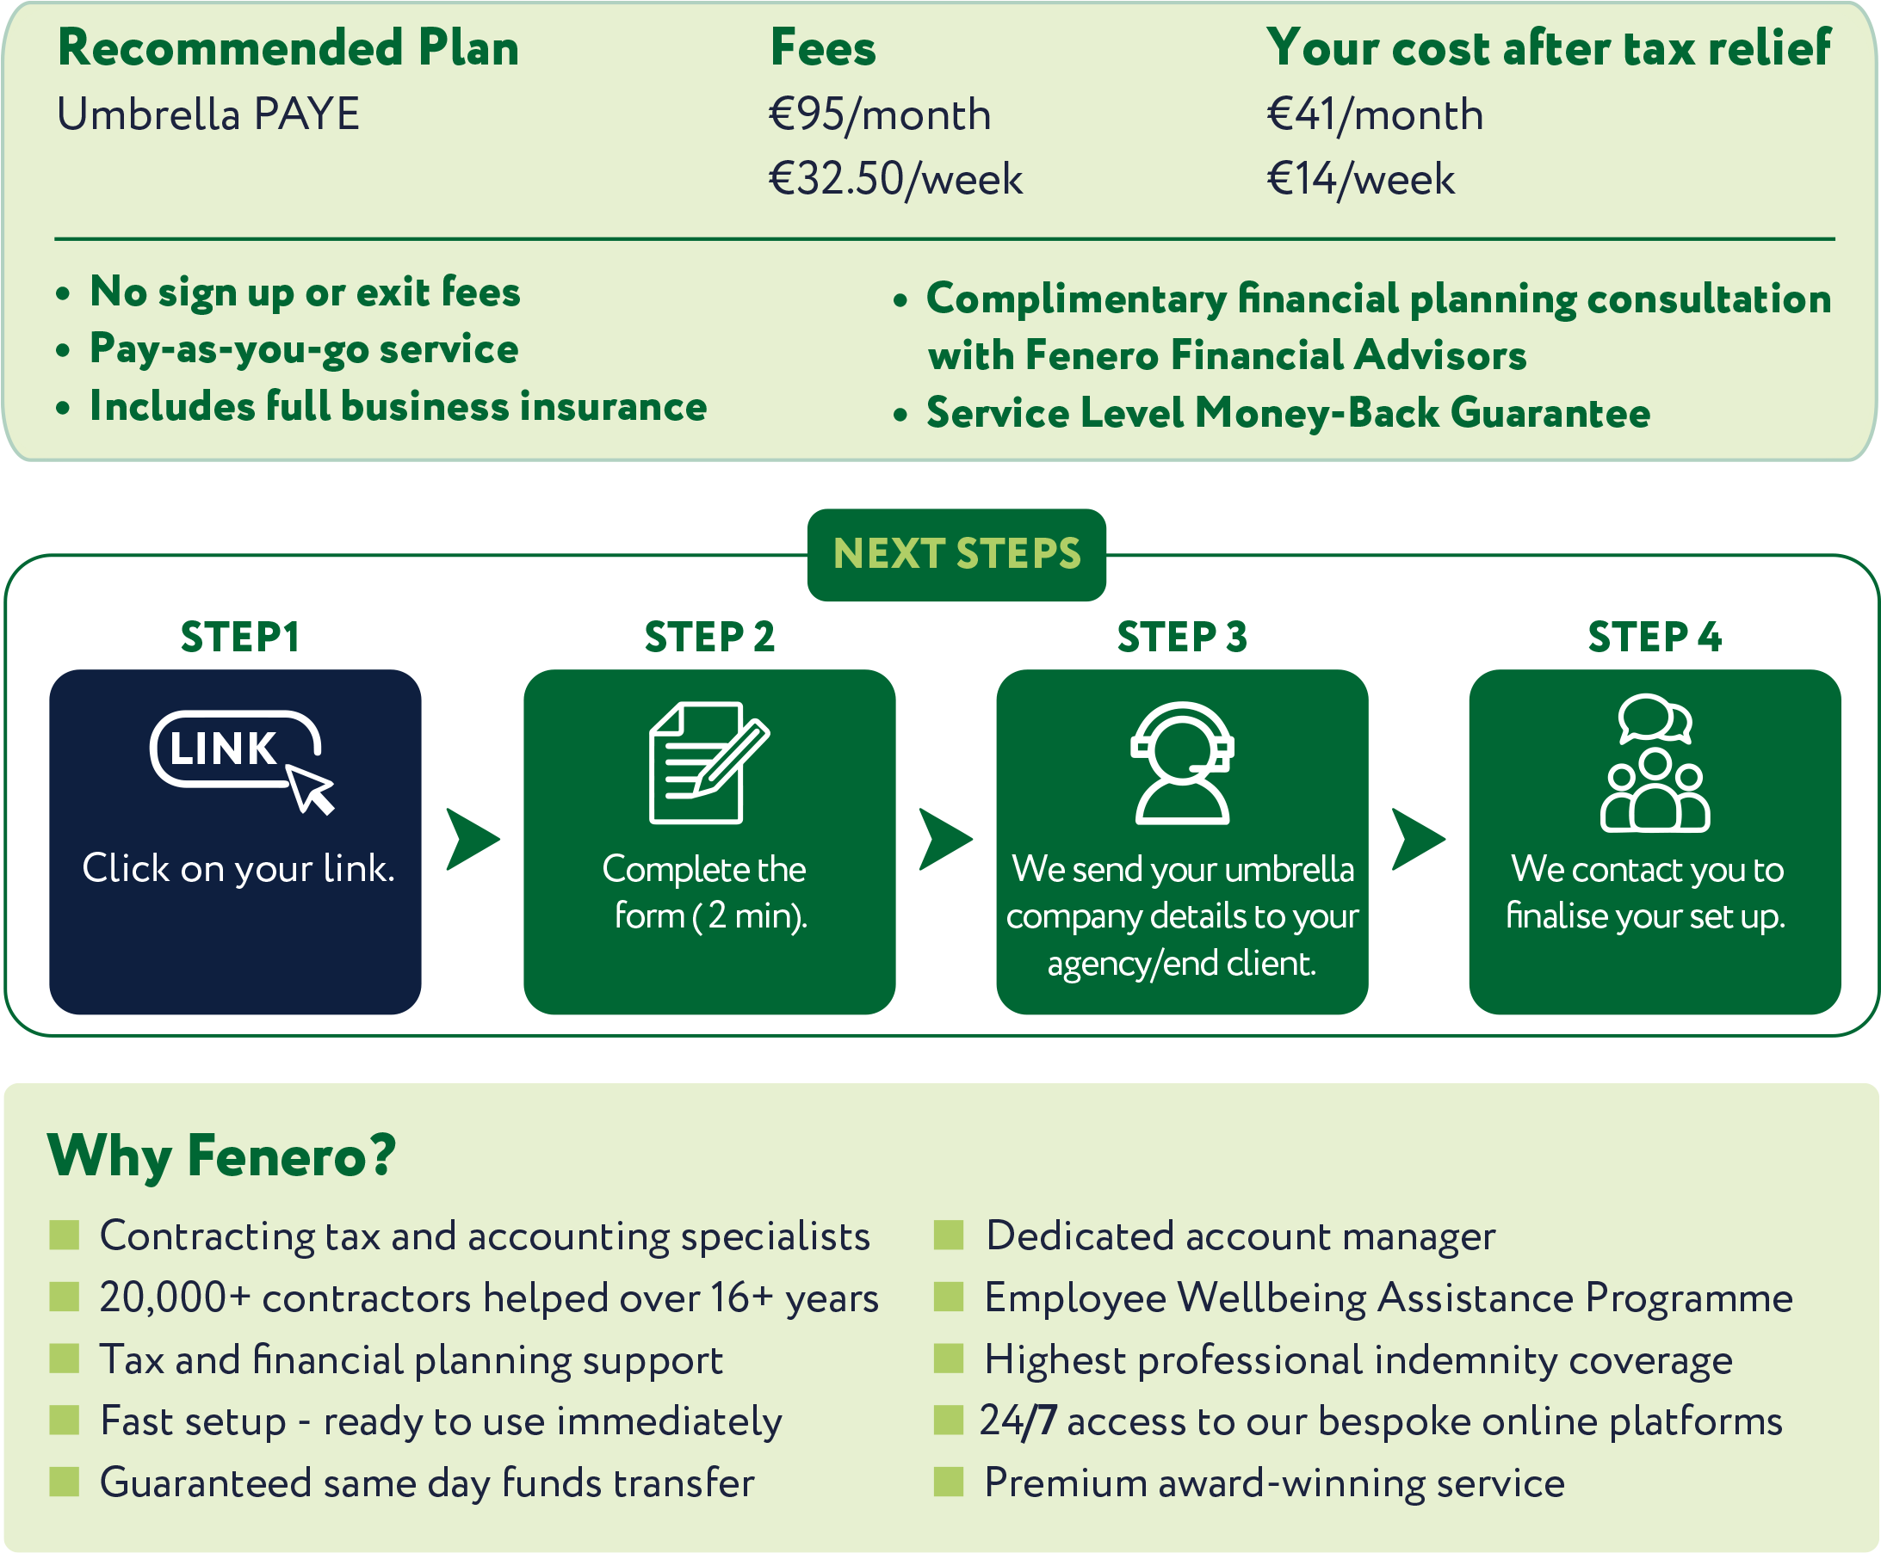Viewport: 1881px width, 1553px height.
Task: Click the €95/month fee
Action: pos(880,114)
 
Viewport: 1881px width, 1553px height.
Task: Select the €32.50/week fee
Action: pos(894,179)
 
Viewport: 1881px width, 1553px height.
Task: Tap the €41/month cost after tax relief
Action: pos(1375,114)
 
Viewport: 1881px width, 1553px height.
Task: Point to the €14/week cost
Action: pos(1360,179)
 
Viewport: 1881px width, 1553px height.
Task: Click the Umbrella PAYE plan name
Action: pos(208,114)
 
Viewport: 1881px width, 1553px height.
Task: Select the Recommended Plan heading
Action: pos(288,48)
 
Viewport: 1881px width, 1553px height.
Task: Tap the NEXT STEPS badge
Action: pos(956,554)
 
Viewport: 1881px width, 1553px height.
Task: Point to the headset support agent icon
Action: pos(1182,762)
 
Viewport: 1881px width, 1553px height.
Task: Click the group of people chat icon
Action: pos(1655,762)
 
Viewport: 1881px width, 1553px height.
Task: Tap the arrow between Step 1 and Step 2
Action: pos(472,839)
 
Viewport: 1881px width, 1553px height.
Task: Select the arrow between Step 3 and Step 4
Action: pos(1418,839)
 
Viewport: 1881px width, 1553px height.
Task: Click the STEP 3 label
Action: pos(1182,637)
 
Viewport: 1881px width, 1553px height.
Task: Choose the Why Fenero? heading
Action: pos(221,1156)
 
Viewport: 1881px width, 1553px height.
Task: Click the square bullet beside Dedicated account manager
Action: pos(949,1235)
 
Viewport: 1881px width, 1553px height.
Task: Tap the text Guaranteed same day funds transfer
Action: pos(427,1483)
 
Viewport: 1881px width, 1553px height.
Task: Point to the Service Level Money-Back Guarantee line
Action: pos(1288,413)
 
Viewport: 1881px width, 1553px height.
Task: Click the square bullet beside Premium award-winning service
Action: pos(949,1482)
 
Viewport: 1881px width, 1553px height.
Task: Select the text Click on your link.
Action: pos(238,868)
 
